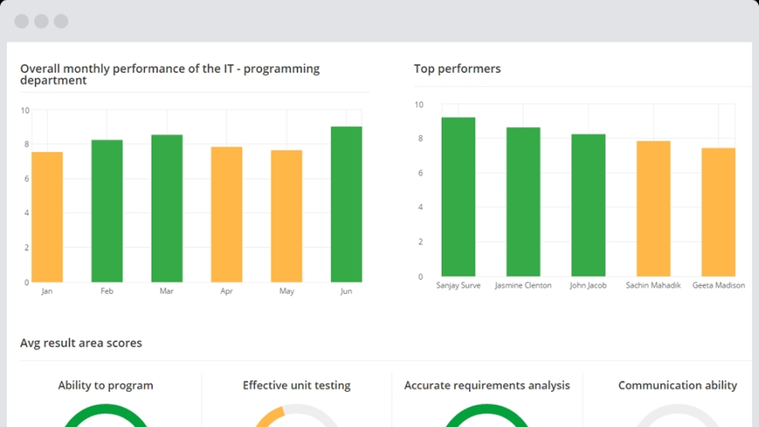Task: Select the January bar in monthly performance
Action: pyautogui.click(x=47, y=217)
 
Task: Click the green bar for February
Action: pyautogui.click(x=107, y=211)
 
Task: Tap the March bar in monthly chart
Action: pyautogui.click(x=167, y=208)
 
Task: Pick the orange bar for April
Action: pyautogui.click(x=227, y=214)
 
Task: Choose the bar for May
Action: pyautogui.click(x=287, y=216)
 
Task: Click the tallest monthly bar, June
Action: pyautogui.click(x=346, y=204)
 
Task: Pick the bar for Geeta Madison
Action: pyautogui.click(x=718, y=212)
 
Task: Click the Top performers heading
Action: pyautogui.click(x=457, y=68)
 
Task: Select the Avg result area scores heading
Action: pyautogui.click(x=81, y=343)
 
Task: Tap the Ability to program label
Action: pyautogui.click(x=106, y=385)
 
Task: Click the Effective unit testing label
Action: pyautogui.click(x=297, y=385)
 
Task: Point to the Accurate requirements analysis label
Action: pyautogui.click(x=487, y=385)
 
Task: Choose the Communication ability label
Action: pyautogui.click(x=677, y=385)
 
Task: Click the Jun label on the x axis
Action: pyautogui.click(x=346, y=291)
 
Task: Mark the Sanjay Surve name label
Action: pyautogui.click(x=458, y=285)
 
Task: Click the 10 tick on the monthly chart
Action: pyautogui.click(x=25, y=110)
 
